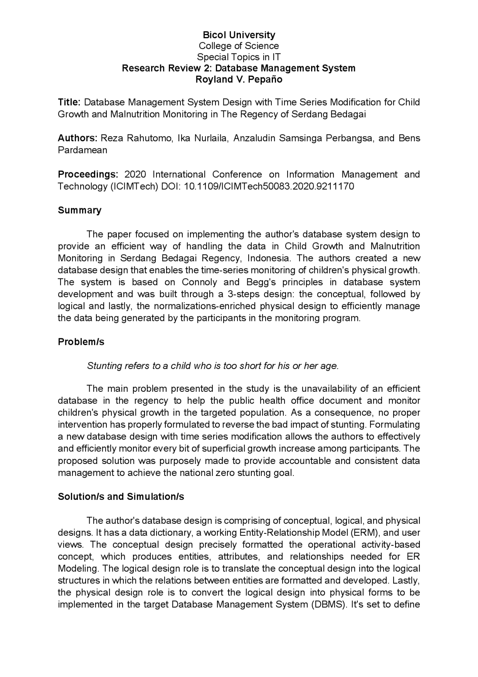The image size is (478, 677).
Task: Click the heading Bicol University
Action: tap(239, 35)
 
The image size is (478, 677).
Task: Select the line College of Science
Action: tap(239, 46)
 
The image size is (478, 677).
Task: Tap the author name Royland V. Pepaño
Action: tap(239, 79)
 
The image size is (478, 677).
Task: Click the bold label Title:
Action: tap(69, 102)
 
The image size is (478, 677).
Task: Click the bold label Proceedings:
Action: tap(88, 174)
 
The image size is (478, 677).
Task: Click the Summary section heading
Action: tap(80, 210)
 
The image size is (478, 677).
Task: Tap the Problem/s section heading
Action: tap(81, 342)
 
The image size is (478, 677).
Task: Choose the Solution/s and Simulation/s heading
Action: tap(121, 496)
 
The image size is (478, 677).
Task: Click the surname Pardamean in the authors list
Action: tap(82, 150)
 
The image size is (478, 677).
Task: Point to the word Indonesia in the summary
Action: tap(268, 258)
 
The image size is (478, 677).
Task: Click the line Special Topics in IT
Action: tap(239, 57)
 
